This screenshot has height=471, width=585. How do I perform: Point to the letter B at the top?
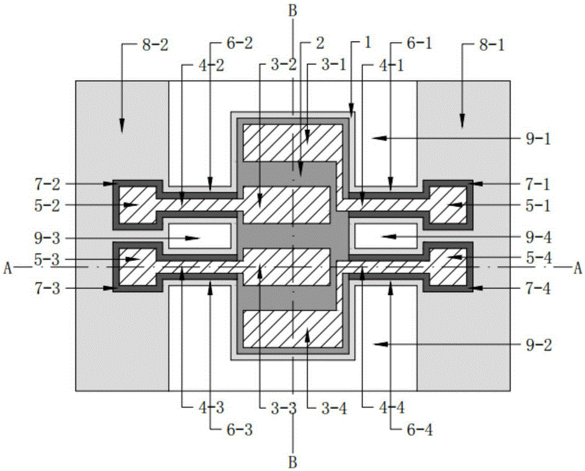tap(292, 10)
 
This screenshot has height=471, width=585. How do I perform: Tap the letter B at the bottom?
tap(292, 462)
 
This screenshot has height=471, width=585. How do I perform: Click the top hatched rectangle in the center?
tap(292, 142)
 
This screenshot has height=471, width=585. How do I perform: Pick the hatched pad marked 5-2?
tap(136, 205)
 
